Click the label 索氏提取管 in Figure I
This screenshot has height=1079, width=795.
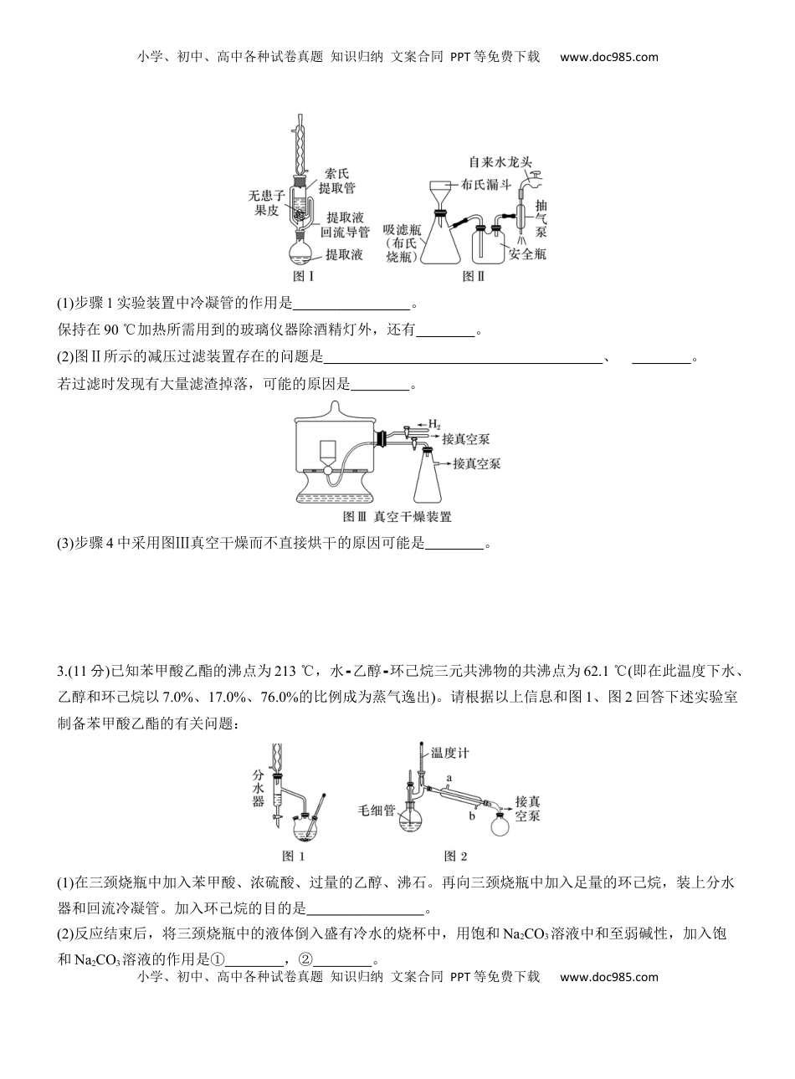click(336, 182)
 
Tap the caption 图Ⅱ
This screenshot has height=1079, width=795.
click(474, 275)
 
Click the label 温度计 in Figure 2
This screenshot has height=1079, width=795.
click(449, 752)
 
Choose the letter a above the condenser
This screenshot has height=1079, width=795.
click(450, 777)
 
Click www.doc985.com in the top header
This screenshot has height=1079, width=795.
click(608, 57)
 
